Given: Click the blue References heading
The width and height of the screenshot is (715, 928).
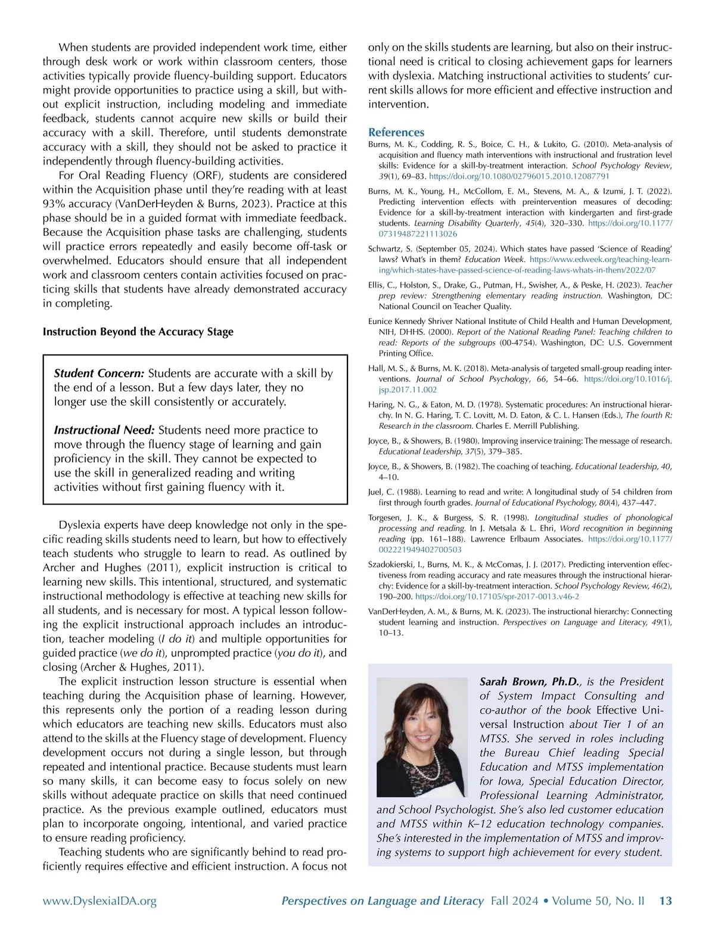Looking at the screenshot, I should pyautogui.click(x=396, y=132).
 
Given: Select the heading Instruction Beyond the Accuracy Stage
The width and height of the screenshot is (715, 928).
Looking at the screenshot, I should pyautogui.click(x=138, y=332).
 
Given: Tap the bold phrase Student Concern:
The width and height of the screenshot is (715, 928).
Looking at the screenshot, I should pyautogui.click(x=99, y=373).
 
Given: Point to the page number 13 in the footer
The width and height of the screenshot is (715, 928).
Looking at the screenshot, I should pyautogui.click(x=665, y=901).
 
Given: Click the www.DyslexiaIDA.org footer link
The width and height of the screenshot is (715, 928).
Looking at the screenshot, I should pyautogui.click(x=100, y=901).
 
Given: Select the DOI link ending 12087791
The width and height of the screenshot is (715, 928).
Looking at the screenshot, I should pyautogui.click(x=519, y=176).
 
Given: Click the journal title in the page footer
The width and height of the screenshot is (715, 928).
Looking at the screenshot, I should pyautogui.click(x=383, y=901).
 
